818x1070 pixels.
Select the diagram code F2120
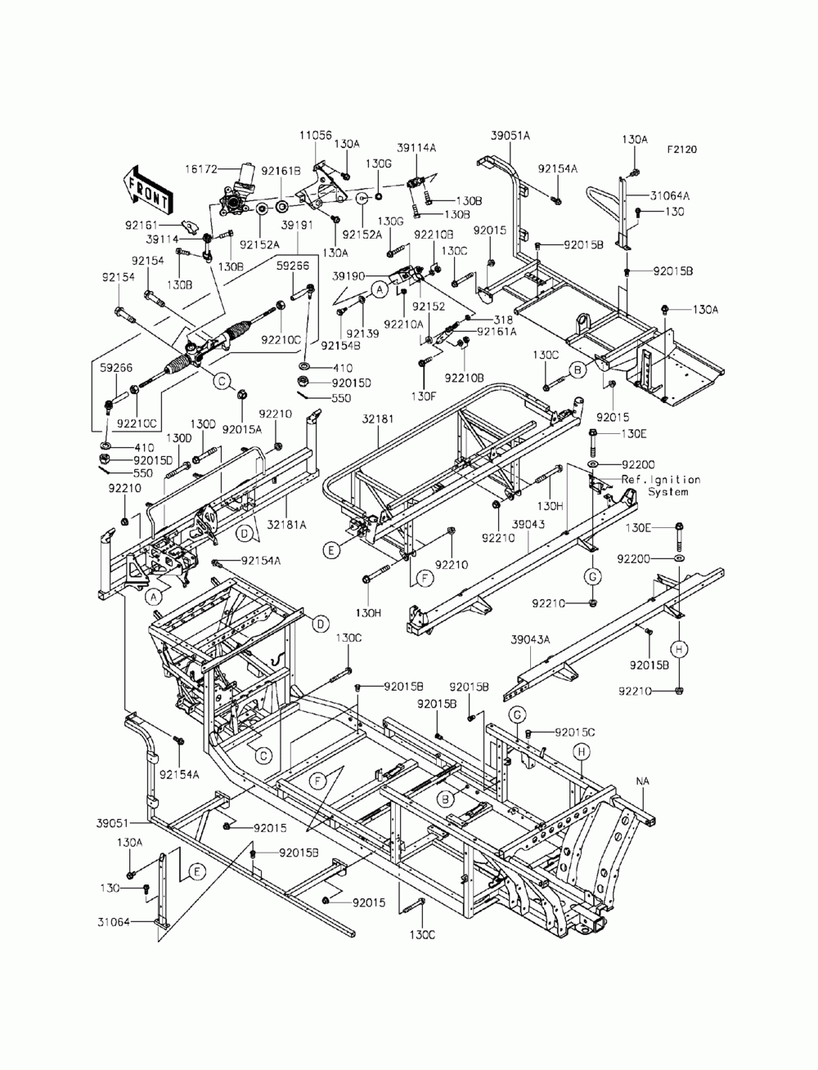click(682, 150)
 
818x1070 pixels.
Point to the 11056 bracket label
click(316, 135)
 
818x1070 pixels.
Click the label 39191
click(297, 226)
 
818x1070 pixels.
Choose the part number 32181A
click(287, 524)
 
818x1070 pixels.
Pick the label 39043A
click(530, 639)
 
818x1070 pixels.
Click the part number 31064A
click(670, 196)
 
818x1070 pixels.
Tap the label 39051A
click(510, 136)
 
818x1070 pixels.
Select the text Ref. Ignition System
click(661, 486)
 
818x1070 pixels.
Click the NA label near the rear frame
click(643, 781)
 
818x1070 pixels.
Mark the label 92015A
click(242, 429)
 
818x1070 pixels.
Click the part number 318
click(503, 320)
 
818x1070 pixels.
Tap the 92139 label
click(362, 334)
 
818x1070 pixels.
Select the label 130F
click(423, 396)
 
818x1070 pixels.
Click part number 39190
click(348, 276)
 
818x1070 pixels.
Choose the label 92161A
click(497, 332)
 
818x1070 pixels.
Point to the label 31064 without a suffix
click(114, 922)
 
